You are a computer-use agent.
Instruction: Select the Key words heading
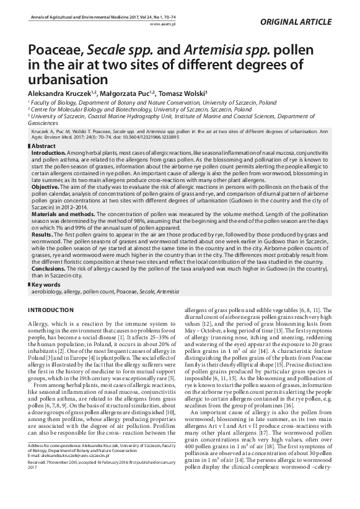point(47,284)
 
